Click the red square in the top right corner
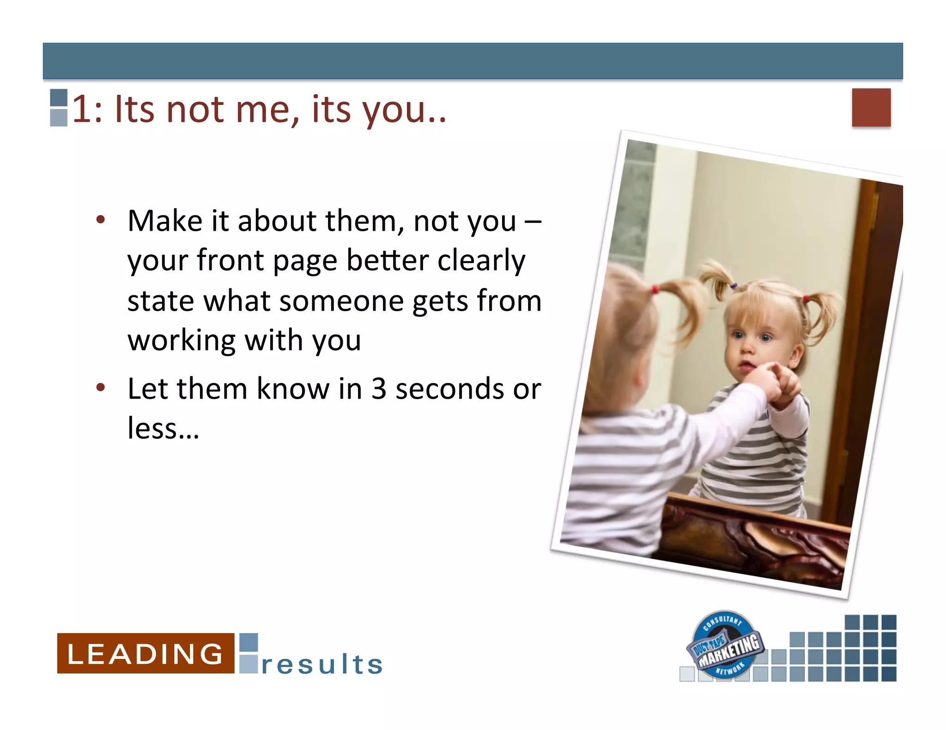[x=871, y=108]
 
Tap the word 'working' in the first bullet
[x=182, y=341]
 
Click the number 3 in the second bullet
[x=379, y=389]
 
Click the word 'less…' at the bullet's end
[x=163, y=428]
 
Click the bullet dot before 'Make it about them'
[x=101, y=220]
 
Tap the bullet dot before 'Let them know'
[x=101, y=388]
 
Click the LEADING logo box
[x=146, y=653]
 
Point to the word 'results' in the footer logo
[x=322, y=664]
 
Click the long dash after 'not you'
[x=533, y=221]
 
